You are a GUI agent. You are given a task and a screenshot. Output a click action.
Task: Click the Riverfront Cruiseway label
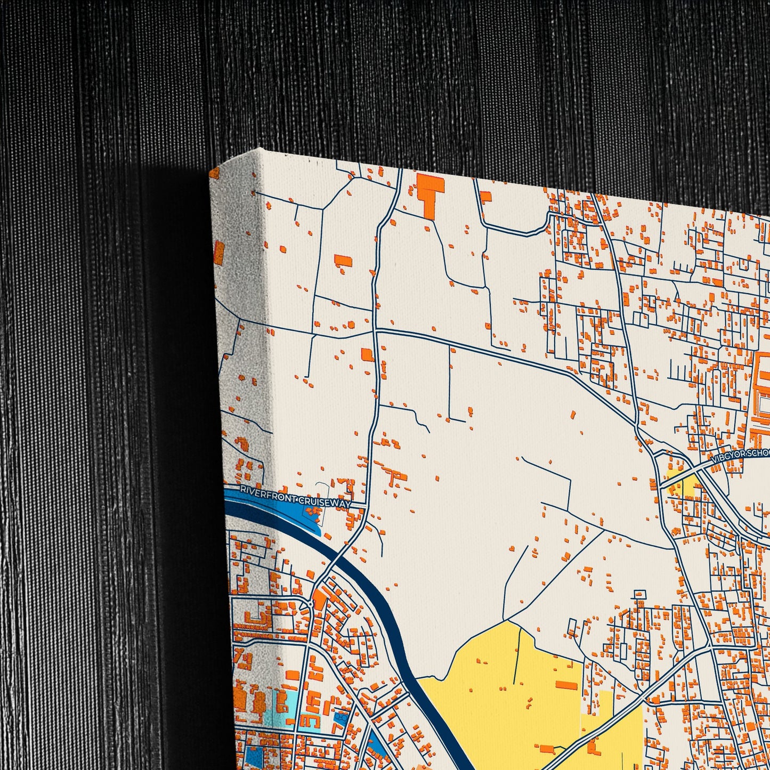[x=295, y=496]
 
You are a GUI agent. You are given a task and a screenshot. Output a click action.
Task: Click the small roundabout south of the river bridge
[x=310, y=604]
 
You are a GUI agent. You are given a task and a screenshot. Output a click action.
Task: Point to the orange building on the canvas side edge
[x=219, y=253]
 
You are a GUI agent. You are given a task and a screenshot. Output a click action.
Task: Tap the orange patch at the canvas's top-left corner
[x=214, y=173]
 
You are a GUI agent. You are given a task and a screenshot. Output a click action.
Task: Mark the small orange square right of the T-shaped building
[x=485, y=197]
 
